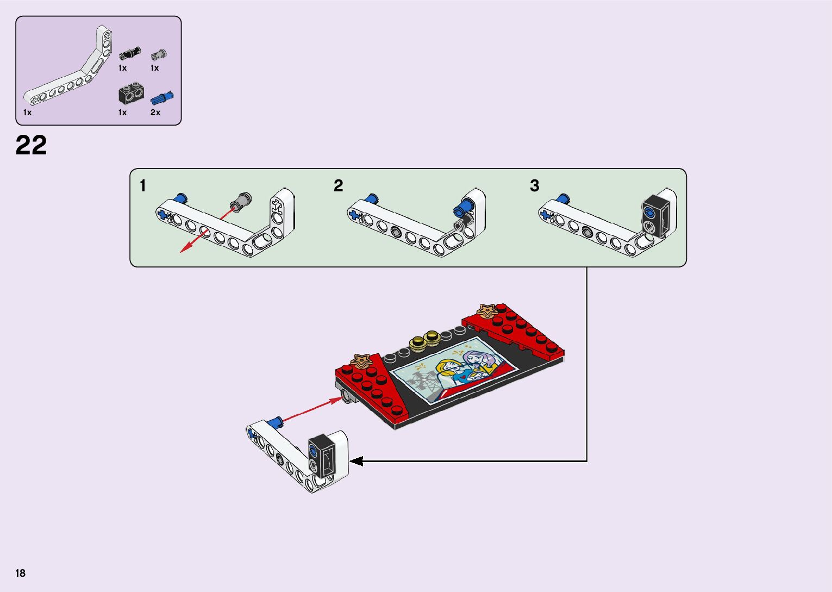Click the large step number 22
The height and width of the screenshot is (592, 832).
32,145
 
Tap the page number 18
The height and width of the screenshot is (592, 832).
21,573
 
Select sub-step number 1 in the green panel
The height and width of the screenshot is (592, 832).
143,186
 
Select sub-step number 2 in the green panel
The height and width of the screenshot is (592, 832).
339,186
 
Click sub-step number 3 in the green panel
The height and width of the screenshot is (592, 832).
535,186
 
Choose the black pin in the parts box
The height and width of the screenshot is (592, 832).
130,53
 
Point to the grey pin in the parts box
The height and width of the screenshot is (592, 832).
159,54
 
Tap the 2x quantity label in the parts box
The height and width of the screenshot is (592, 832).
155,113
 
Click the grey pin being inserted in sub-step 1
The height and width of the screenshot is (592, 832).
241,200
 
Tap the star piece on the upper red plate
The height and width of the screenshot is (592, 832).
487,310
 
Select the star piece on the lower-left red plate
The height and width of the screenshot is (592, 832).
361,359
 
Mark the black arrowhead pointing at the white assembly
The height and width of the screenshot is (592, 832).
356,461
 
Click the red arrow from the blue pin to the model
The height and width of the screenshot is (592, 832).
312,409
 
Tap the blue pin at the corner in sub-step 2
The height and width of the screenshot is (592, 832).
465,205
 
